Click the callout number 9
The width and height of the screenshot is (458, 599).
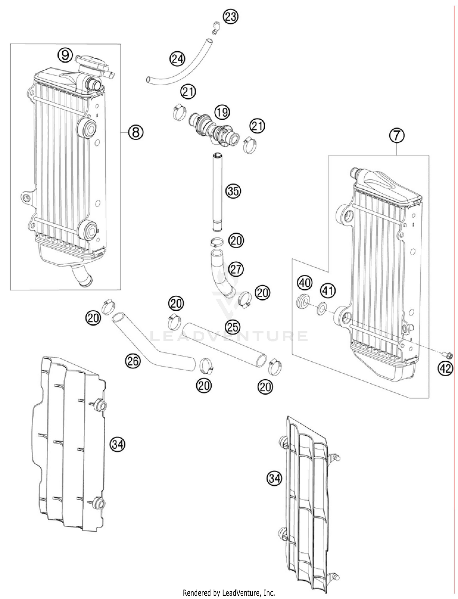[x=65, y=55]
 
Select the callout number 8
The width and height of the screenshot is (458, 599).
[x=136, y=132]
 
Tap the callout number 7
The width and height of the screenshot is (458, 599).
[x=397, y=135]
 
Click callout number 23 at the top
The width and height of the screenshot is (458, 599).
[x=231, y=16]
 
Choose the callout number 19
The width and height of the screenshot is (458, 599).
[x=222, y=112]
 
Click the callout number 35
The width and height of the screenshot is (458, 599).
[x=233, y=191]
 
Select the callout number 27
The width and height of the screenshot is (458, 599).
[x=236, y=269]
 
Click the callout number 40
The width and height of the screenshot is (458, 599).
[x=305, y=283]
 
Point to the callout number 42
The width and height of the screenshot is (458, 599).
[x=445, y=369]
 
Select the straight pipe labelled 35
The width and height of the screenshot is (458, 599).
[x=217, y=192]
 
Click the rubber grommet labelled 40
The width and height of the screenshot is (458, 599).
[x=303, y=301]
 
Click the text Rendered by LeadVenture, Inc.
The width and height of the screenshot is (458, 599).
[x=229, y=593]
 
